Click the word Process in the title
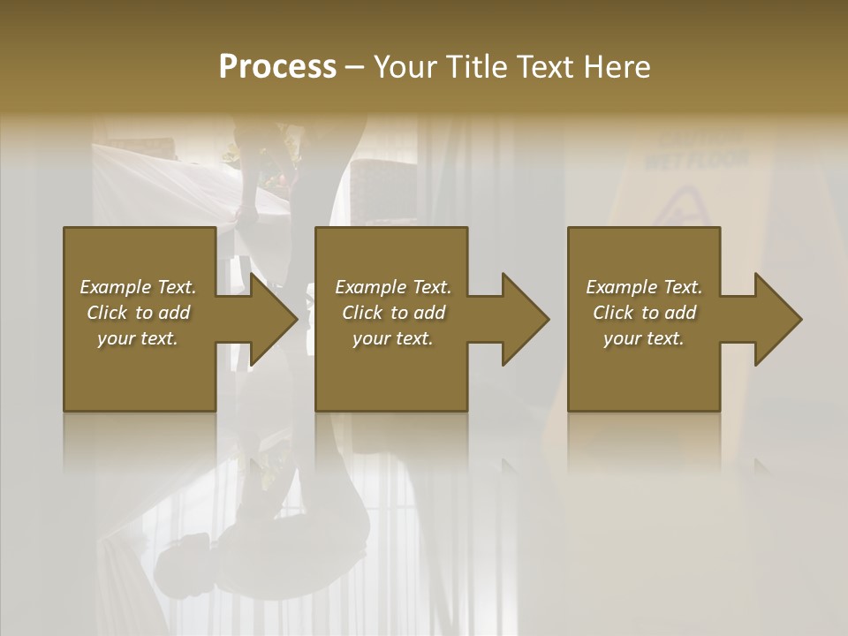[277, 66]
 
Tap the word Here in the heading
[617, 66]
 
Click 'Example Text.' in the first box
[139, 287]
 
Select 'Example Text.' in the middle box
[393, 287]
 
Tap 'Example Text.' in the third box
[644, 287]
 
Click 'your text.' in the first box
[138, 338]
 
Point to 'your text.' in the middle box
[393, 338]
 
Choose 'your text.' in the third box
[644, 338]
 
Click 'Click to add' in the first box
[139, 313]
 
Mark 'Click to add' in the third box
[644, 313]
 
